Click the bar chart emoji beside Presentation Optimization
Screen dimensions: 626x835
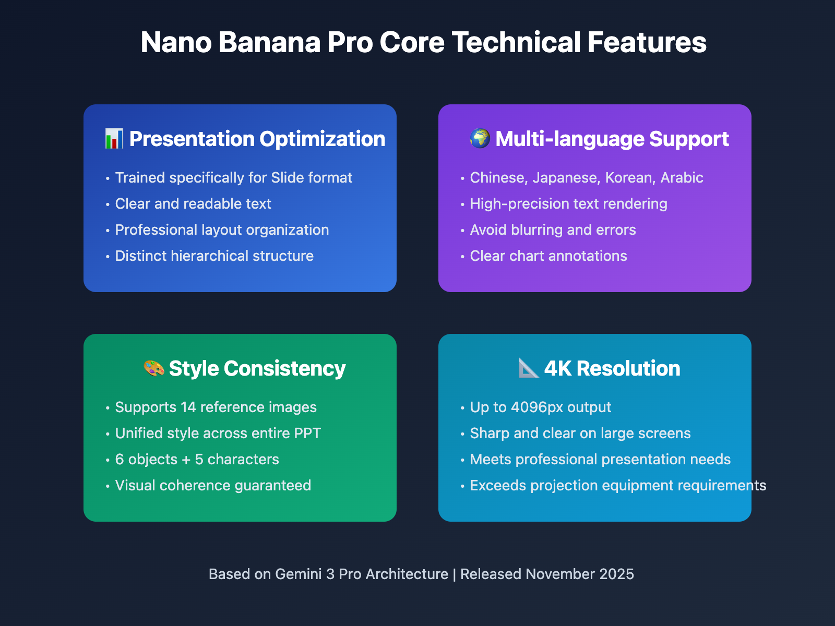tap(114, 139)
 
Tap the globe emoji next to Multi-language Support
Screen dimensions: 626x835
tap(480, 139)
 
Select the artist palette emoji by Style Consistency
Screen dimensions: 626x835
tap(154, 368)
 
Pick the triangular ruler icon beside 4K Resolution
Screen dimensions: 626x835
tap(528, 368)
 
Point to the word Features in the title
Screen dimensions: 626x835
tap(647, 42)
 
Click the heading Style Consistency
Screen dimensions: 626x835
tap(257, 368)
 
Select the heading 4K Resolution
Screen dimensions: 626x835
tap(612, 368)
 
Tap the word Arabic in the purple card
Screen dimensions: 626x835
tap(682, 178)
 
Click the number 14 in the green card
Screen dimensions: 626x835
tap(188, 407)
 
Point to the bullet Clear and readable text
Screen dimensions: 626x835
tap(193, 204)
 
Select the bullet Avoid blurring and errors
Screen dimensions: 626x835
tap(553, 230)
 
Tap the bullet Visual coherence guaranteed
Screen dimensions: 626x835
tap(213, 486)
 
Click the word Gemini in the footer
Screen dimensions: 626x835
tap(298, 574)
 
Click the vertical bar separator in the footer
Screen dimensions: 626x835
tap(454, 574)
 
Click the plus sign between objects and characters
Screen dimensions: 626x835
tap(186, 460)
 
